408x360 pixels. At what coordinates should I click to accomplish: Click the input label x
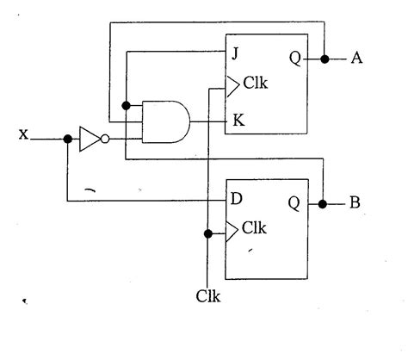pyautogui.click(x=23, y=135)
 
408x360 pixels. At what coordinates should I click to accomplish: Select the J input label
pyautogui.click(x=233, y=53)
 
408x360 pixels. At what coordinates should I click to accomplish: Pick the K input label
pyautogui.click(x=236, y=121)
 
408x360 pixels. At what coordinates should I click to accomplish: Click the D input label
pyautogui.click(x=236, y=200)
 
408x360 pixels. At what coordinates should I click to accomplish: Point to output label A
pyautogui.click(x=357, y=59)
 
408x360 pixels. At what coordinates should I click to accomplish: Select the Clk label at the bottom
pyautogui.click(x=208, y=297)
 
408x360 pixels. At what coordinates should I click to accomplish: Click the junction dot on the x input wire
pyautogui.click(x=67, y=137)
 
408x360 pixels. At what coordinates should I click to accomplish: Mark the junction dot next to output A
pyautogui.click(x=325, y=59)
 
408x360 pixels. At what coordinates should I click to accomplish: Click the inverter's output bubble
pyautogui.click(x=104, y=137)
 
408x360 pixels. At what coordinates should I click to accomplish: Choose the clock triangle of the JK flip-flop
pyautogui.click(x=232, y=85)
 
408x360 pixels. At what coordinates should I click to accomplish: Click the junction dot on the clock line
pyautogui.click(x=207, y=232)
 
